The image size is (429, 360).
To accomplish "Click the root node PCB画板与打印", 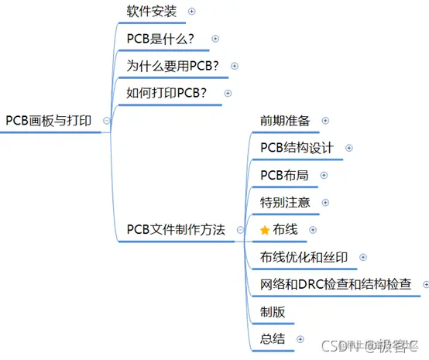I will (49, 121).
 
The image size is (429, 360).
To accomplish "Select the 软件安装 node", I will (152, 12).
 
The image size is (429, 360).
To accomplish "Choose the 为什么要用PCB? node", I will (173, 66).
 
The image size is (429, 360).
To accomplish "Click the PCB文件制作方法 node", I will (176, 229).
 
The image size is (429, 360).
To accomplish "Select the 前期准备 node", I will (285, 121).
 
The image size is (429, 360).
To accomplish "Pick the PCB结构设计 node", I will (297, 148).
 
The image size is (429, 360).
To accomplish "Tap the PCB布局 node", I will (284, 175).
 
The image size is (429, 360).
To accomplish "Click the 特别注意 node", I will (285, 202).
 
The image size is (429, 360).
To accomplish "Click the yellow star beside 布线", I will (264, 230).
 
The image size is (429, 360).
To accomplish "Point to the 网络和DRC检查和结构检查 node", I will (335, 284).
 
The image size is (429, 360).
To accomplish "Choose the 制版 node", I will (273, 311).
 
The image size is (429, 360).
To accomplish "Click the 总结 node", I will (273, 338).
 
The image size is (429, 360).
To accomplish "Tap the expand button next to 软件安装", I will (192, 12).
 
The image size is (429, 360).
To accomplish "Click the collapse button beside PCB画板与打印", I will (106, 121).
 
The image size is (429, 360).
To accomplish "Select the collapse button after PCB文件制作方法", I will (240, 230).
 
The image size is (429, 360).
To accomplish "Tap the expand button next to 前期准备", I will (325, 121).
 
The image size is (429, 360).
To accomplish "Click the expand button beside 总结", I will (300, 339).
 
